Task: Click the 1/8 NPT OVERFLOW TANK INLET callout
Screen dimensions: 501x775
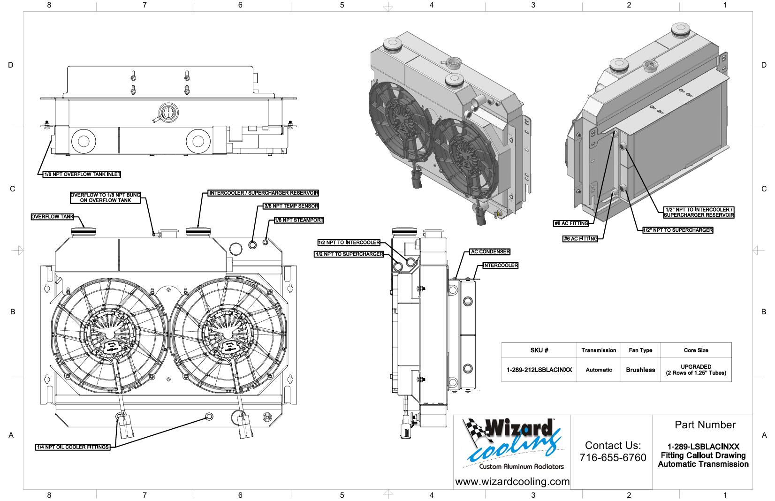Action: coord(82,175)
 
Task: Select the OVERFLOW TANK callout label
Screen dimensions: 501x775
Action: coord(53,217)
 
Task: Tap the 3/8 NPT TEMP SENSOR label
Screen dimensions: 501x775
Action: coord(291,206)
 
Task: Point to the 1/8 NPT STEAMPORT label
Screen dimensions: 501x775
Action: coord(299,220)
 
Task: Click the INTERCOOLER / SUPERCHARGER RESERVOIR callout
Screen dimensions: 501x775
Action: coord(263,193)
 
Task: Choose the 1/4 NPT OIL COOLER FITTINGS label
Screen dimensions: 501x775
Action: coord(73,447)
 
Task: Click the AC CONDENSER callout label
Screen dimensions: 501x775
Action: coord(490,252)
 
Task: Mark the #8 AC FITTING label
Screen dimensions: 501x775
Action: coord(571,224)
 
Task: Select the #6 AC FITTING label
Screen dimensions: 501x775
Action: coord(581,239)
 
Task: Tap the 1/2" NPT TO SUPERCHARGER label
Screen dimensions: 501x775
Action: coord(678,230)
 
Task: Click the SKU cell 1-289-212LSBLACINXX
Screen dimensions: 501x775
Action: coord(539,370)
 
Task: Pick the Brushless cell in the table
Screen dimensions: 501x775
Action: coord(640,370)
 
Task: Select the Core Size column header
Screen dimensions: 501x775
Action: coord(696,350)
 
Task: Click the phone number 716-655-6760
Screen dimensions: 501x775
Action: coord(613,458)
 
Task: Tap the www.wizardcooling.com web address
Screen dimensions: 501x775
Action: coord(512,482)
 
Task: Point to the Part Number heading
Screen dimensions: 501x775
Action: coord(705,425)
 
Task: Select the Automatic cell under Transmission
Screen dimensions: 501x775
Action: coord(599,370)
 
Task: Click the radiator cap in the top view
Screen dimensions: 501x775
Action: coord(168,112)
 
